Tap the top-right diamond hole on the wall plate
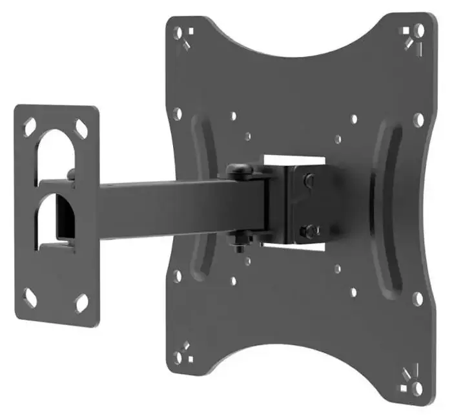(81, 127)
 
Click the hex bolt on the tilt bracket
(310, 229)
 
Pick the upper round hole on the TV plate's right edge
(418, 120)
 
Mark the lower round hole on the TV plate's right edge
(418, 298)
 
